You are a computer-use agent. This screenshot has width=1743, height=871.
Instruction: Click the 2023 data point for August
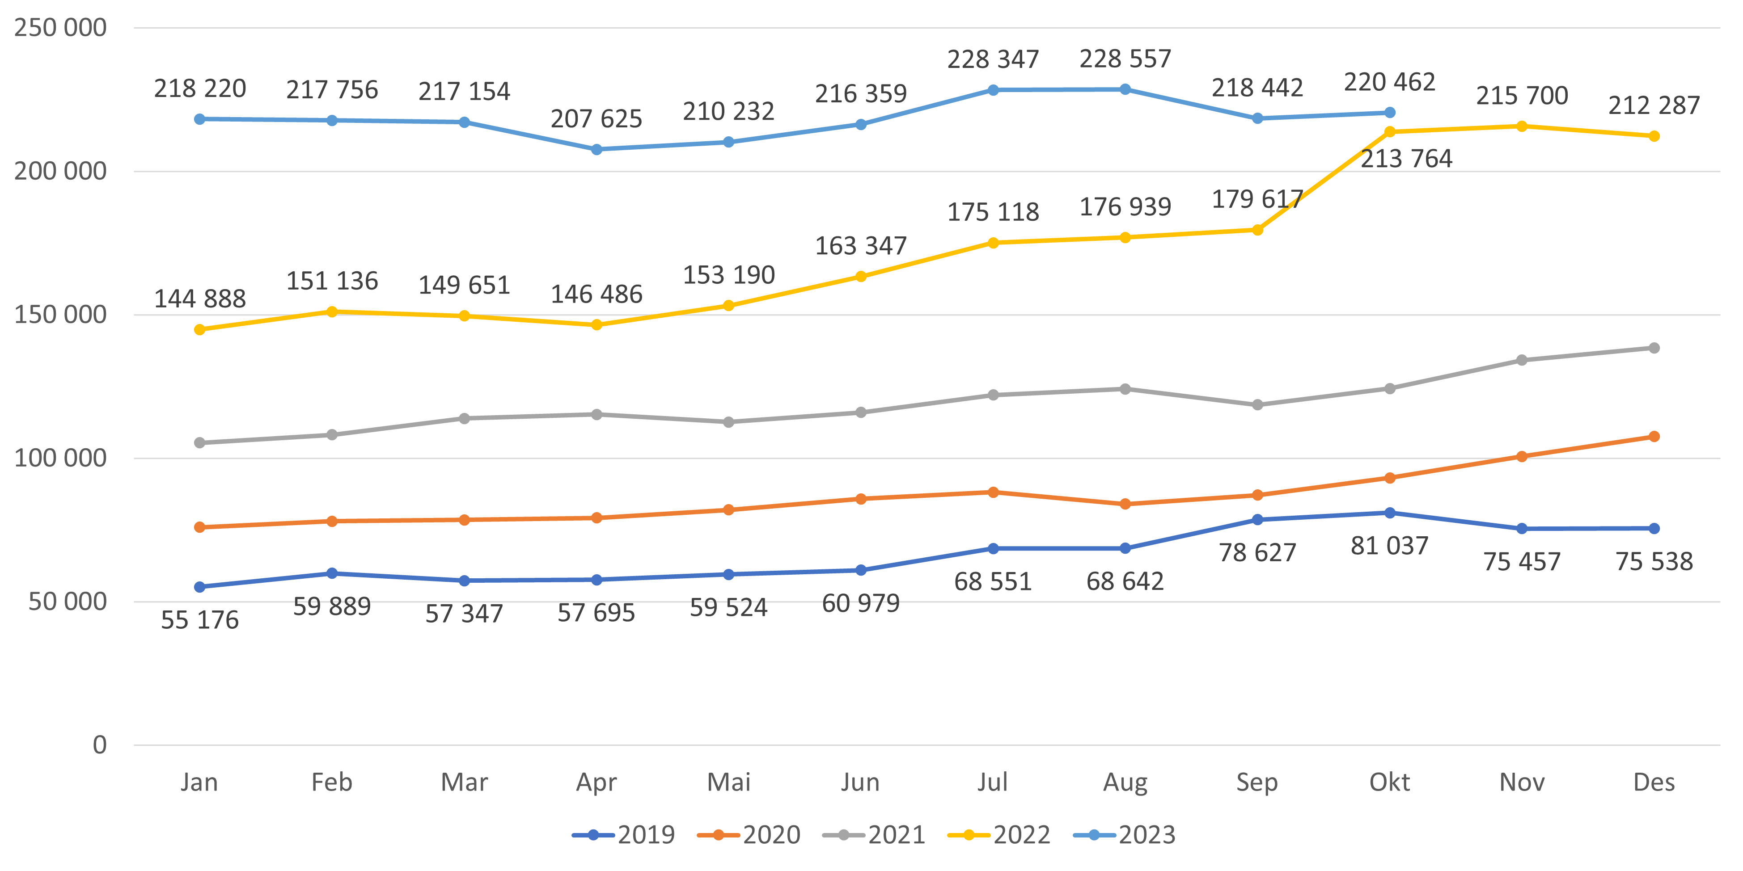(x=1125, y=89)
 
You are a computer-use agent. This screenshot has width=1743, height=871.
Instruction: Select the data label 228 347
(x=993, y=59)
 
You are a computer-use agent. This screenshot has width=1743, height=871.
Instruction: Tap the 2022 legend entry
(x=999, y=835)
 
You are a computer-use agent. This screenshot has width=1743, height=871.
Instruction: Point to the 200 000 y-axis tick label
(x=60, y=171)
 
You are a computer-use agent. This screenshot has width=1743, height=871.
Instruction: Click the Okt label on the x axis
(x=1389, y=783)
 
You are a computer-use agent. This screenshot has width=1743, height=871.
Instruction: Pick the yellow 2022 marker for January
(x=199, y=329)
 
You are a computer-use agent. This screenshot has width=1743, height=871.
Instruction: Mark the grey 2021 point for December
(x=1654, y=348)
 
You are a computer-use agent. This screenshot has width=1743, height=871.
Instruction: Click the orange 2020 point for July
(x=993, y=492)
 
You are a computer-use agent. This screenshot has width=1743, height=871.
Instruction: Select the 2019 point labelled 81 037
(x=1389, y=513)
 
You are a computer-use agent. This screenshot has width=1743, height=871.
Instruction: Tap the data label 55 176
(x=199, y=620)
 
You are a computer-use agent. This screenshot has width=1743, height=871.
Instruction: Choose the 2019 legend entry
(x=624, y=835)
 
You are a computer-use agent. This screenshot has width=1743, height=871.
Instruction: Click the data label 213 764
(x=1406, y=159)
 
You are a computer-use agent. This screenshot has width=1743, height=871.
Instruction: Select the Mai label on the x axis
(x=729, y=783)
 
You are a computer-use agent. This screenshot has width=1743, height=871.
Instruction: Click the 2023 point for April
(x=596, y=149)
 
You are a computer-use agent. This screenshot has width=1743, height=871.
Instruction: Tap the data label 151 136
(x=331, y=281)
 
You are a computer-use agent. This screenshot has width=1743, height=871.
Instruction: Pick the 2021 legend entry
(x=874, y=835)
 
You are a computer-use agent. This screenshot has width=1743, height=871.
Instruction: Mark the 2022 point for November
(x=1522, y=126)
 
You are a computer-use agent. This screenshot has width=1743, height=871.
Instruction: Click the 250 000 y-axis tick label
(x=60, y=28)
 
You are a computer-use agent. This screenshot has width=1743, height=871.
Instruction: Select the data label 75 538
(x=1654, y=561)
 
